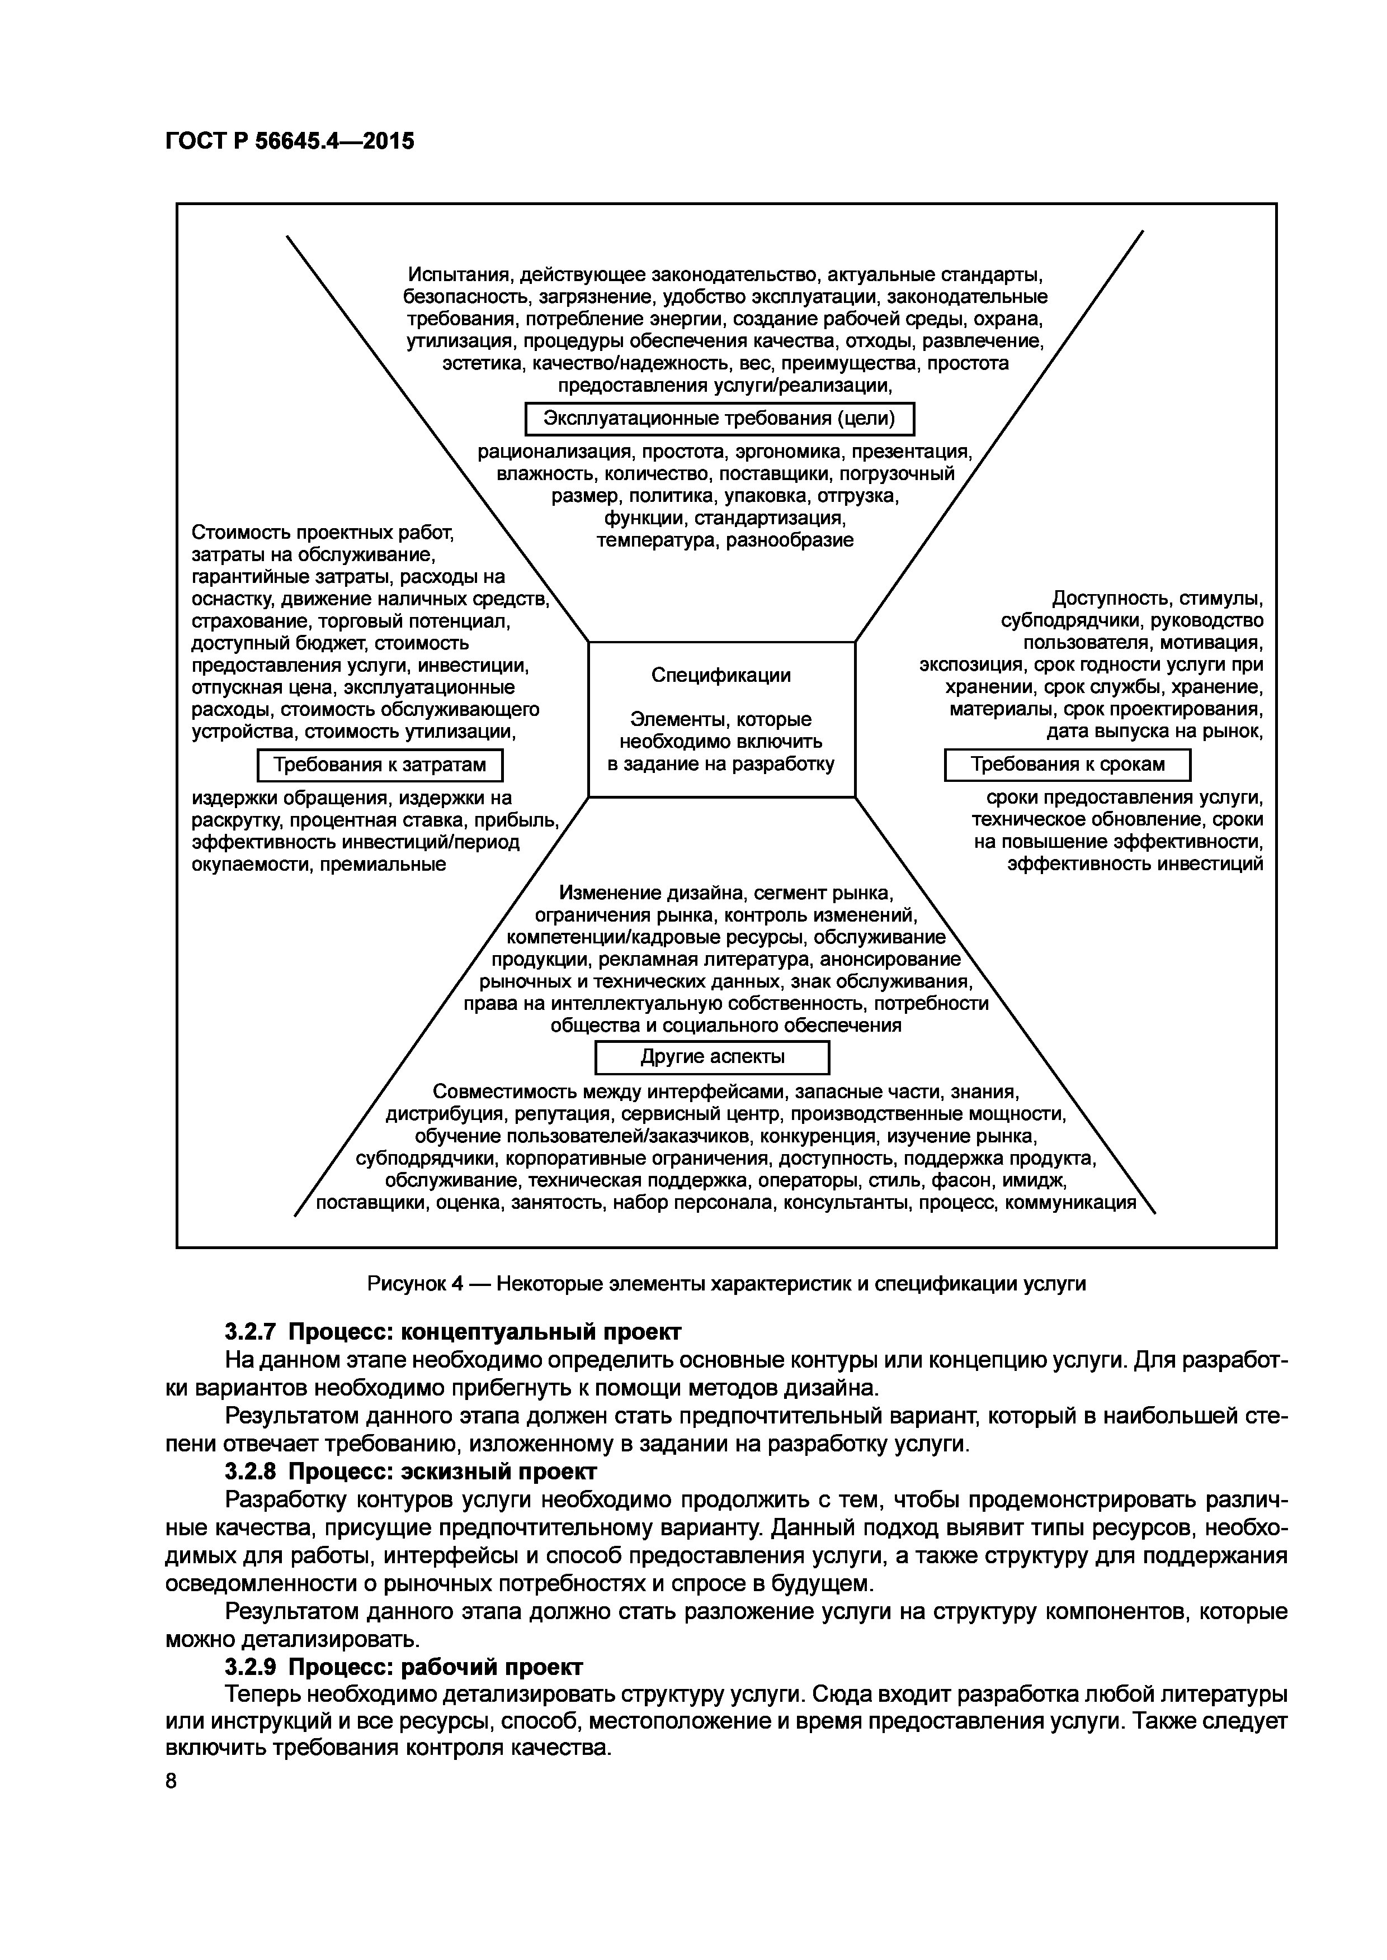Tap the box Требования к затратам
380,765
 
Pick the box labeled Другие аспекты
711,1057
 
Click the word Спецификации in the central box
721,675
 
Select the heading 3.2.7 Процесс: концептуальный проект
452,1332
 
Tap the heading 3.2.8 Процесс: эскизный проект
411,1472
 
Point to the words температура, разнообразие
724,540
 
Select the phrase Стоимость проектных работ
322,533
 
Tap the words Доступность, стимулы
1157,599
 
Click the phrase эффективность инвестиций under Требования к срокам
1134,864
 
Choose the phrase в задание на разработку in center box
721,764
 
